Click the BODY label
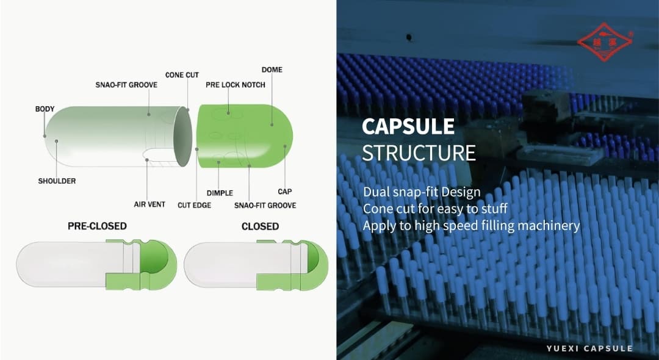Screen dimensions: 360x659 tap(45, 109)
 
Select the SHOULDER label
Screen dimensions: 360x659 tap(57, 181)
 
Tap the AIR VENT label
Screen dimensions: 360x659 tap(149, 204)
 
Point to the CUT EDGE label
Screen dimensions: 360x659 tap(194, 205)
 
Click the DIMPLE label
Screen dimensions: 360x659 tap(220, 192)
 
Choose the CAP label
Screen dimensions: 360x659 tap(284, 191)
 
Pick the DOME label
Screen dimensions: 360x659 tap(272, 70)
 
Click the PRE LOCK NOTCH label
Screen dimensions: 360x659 tap(236, 85)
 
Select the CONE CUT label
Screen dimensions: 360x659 tap(182, 75)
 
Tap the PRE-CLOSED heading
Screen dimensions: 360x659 tap(97, 226)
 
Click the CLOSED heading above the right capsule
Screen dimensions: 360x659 tap(260, 226)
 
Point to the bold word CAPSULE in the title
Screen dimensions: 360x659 tap(408, 126)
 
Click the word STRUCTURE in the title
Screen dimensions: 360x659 tap(419, 153)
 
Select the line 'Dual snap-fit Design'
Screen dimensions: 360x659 tap(422, 192)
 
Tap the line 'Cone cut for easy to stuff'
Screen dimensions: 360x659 tap(435, 209)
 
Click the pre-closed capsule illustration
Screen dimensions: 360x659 tap(96, 264)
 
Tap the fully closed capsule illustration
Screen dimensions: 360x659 tap(256, 264)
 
